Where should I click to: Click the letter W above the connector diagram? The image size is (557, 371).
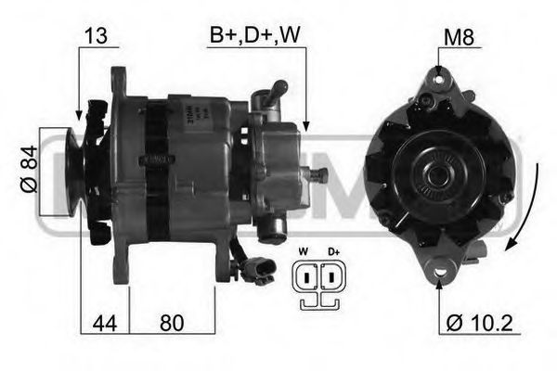click(x=303, y=250)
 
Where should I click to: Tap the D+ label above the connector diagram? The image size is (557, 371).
click(x=333, y=250)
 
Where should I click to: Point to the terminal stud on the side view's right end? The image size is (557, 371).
click(x=320, y=174)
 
